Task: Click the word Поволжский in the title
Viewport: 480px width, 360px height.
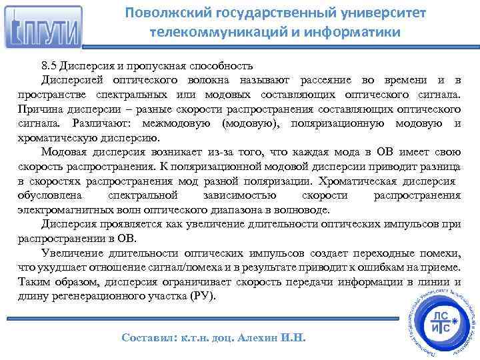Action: [x=162, y=13]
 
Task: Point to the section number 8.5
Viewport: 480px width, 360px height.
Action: [x=49, y=66]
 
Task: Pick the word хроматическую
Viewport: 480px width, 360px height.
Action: [x=56, y=139]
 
